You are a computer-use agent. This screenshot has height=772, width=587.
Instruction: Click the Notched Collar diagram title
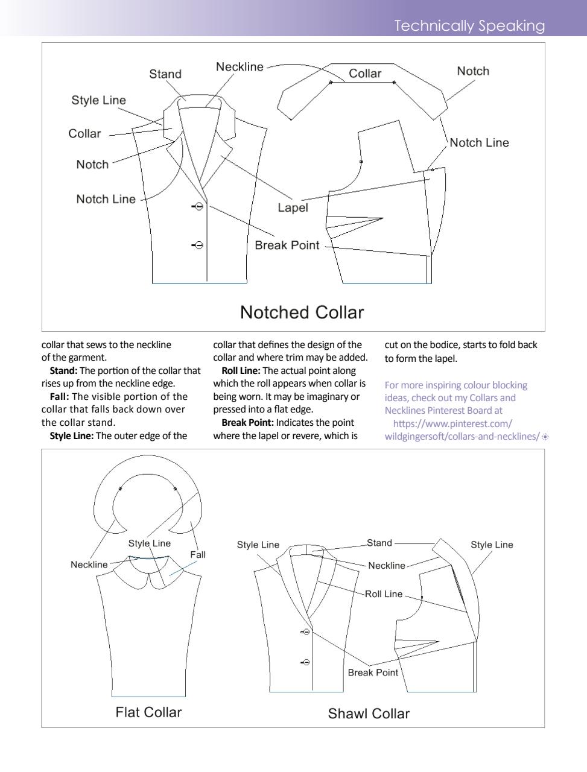(x=302, y=312)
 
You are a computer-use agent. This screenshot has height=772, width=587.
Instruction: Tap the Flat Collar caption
(x=148, y=712)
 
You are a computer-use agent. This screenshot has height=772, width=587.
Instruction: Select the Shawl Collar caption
(x=369, y=714)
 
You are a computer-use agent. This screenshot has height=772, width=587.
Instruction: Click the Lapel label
(x=293, y=208)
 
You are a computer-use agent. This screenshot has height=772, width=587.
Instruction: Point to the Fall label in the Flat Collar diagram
(x=198, y=555)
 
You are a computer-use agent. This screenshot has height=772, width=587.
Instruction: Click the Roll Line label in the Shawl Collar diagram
(x=384, y=594)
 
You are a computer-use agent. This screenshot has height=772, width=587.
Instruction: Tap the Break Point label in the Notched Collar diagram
(x=287, y=245)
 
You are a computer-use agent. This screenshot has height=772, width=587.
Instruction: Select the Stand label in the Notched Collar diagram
(x=165, y=74)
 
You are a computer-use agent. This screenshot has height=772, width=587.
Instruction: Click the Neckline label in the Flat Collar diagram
(x=89, y=565)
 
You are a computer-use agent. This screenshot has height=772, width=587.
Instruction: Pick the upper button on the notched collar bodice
(x=199, y=207)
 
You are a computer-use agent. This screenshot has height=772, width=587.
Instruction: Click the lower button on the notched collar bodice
(x=199, y=245)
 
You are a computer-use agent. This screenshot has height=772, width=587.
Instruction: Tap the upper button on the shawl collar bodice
(x=306, y=632)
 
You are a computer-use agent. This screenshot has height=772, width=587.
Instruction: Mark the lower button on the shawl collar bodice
(x=306, y=662)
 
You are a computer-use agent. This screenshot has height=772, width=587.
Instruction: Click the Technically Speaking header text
(x=469, y=26)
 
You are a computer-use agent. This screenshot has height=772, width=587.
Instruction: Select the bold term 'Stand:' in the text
(x=63, y=371)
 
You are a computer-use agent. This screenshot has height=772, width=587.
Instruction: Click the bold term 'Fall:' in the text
(x=59, y=397)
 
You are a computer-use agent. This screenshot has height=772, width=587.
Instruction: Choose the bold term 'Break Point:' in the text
(x=247, y=423)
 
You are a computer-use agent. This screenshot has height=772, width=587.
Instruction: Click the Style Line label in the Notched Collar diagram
(x=98, y=100)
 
